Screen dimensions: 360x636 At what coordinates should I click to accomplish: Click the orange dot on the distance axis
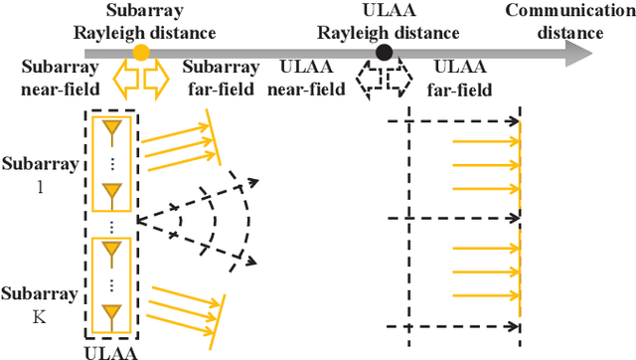click(141, 52)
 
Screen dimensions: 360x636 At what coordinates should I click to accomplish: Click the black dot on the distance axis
click(383, 52)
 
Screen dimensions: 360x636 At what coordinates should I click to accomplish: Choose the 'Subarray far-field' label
click(222, 79)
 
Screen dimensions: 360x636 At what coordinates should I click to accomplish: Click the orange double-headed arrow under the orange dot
click(141, 76)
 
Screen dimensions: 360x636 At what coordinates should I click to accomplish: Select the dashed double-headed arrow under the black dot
click(383, 76)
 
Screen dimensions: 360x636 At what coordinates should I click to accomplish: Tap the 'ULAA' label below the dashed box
click(112, 351)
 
